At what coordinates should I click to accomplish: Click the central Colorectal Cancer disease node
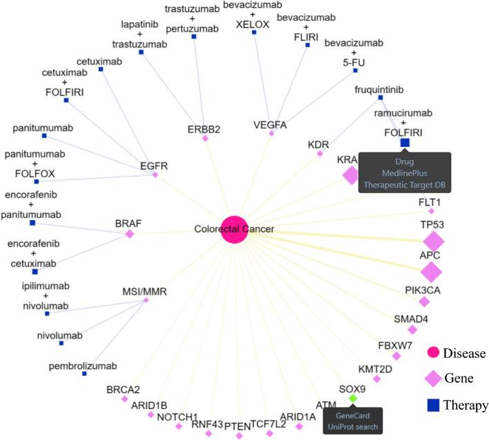[x=234, y=229]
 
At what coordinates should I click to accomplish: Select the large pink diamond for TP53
[x=434, y=241]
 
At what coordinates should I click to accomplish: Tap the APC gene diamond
[x=432, y=272]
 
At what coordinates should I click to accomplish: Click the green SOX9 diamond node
[x=353, y=399]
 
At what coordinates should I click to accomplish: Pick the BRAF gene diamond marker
[x=129, y=234]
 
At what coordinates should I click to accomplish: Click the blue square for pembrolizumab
[x=84, y=373]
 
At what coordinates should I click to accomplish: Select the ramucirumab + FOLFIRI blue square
[x=405, y=143]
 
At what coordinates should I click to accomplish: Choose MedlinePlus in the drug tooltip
[x=405, y=172]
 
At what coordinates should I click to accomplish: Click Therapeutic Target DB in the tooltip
[x=405, y=183]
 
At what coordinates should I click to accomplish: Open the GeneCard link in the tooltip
[x=353, y=416]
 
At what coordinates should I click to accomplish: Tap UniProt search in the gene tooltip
[x=353, y=427]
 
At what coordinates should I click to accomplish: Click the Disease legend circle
[x=434, y=353]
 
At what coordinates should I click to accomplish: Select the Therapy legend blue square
[x=434, y=406]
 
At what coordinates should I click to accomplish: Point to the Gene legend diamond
[x=434, y=379]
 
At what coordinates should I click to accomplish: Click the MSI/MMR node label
[x=146, y=292]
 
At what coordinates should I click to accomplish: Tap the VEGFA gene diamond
[x=271, y=133]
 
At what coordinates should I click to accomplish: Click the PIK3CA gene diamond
[x=424, y=301]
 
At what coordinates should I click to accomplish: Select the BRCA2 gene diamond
[x=124, y=399]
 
